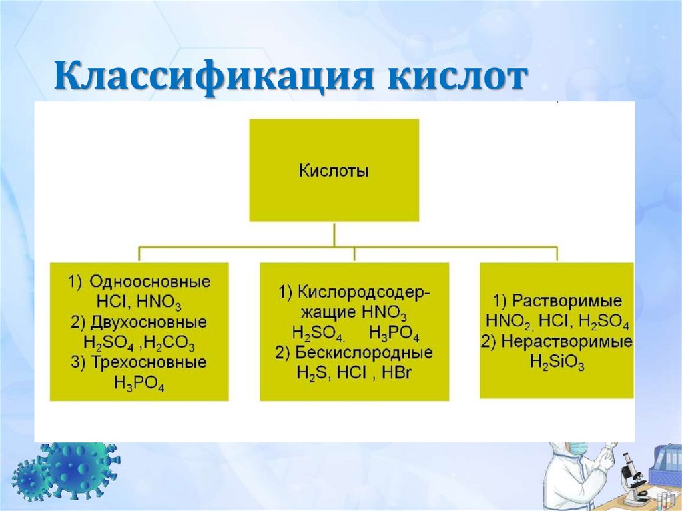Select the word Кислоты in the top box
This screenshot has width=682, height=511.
(334, 171)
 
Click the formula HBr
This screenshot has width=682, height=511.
(398, 372)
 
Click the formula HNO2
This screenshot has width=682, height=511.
(508, 322)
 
